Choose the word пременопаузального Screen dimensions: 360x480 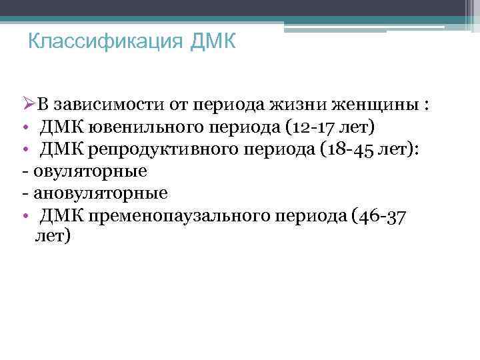tap(175, 215)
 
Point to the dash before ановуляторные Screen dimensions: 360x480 tap(25, 193)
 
